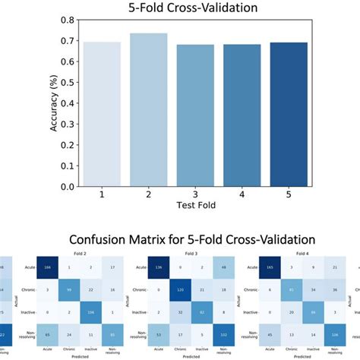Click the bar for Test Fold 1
pyautogui.click(x=102, y=114)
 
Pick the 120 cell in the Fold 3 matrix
pyautogui.click(x=182, y=289)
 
